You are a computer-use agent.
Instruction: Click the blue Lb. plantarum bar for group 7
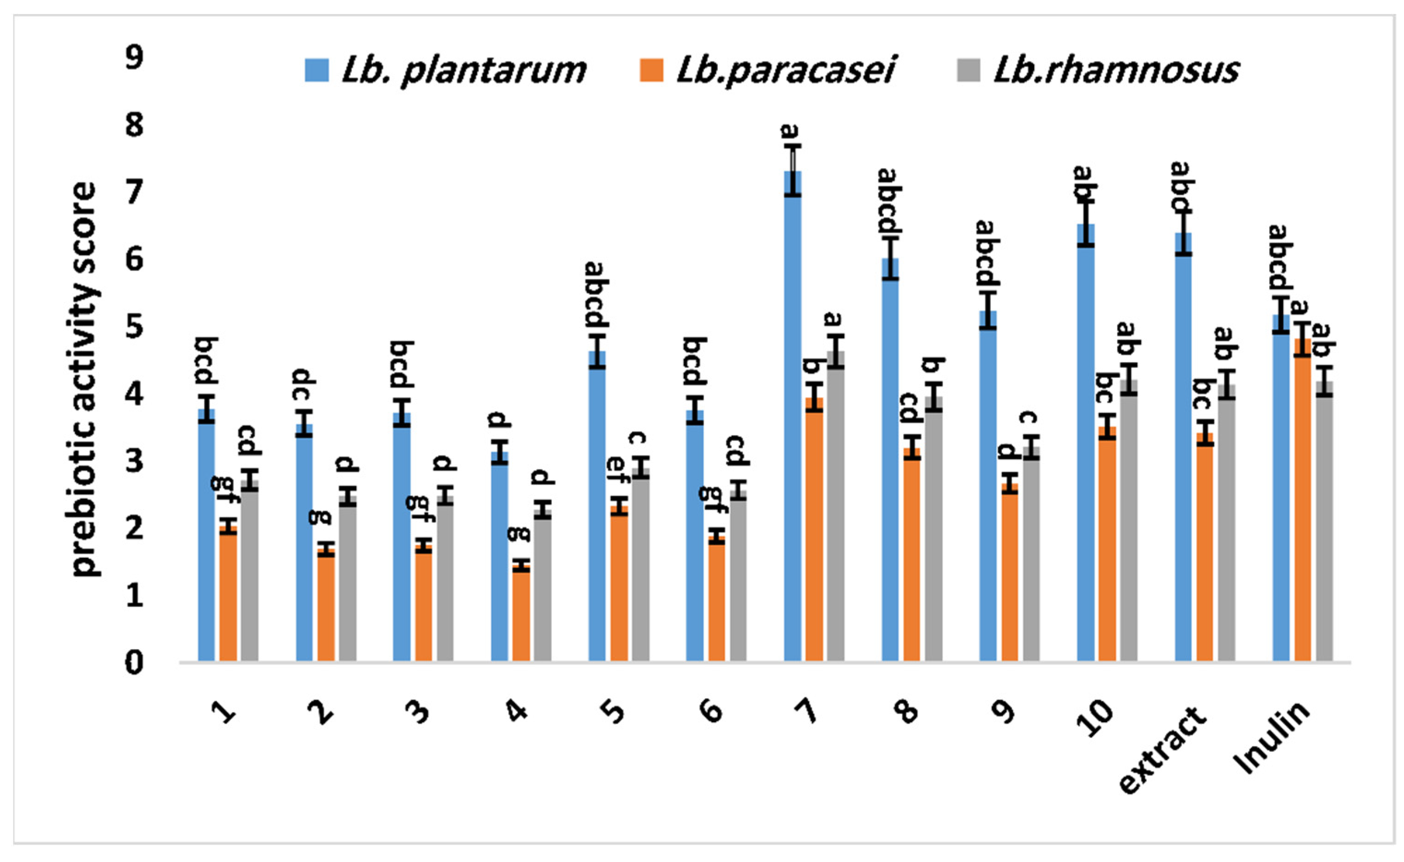[793, 416]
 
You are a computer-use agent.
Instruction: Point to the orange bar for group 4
[521, 613]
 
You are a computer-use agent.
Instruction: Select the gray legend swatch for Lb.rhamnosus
[967, 70]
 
